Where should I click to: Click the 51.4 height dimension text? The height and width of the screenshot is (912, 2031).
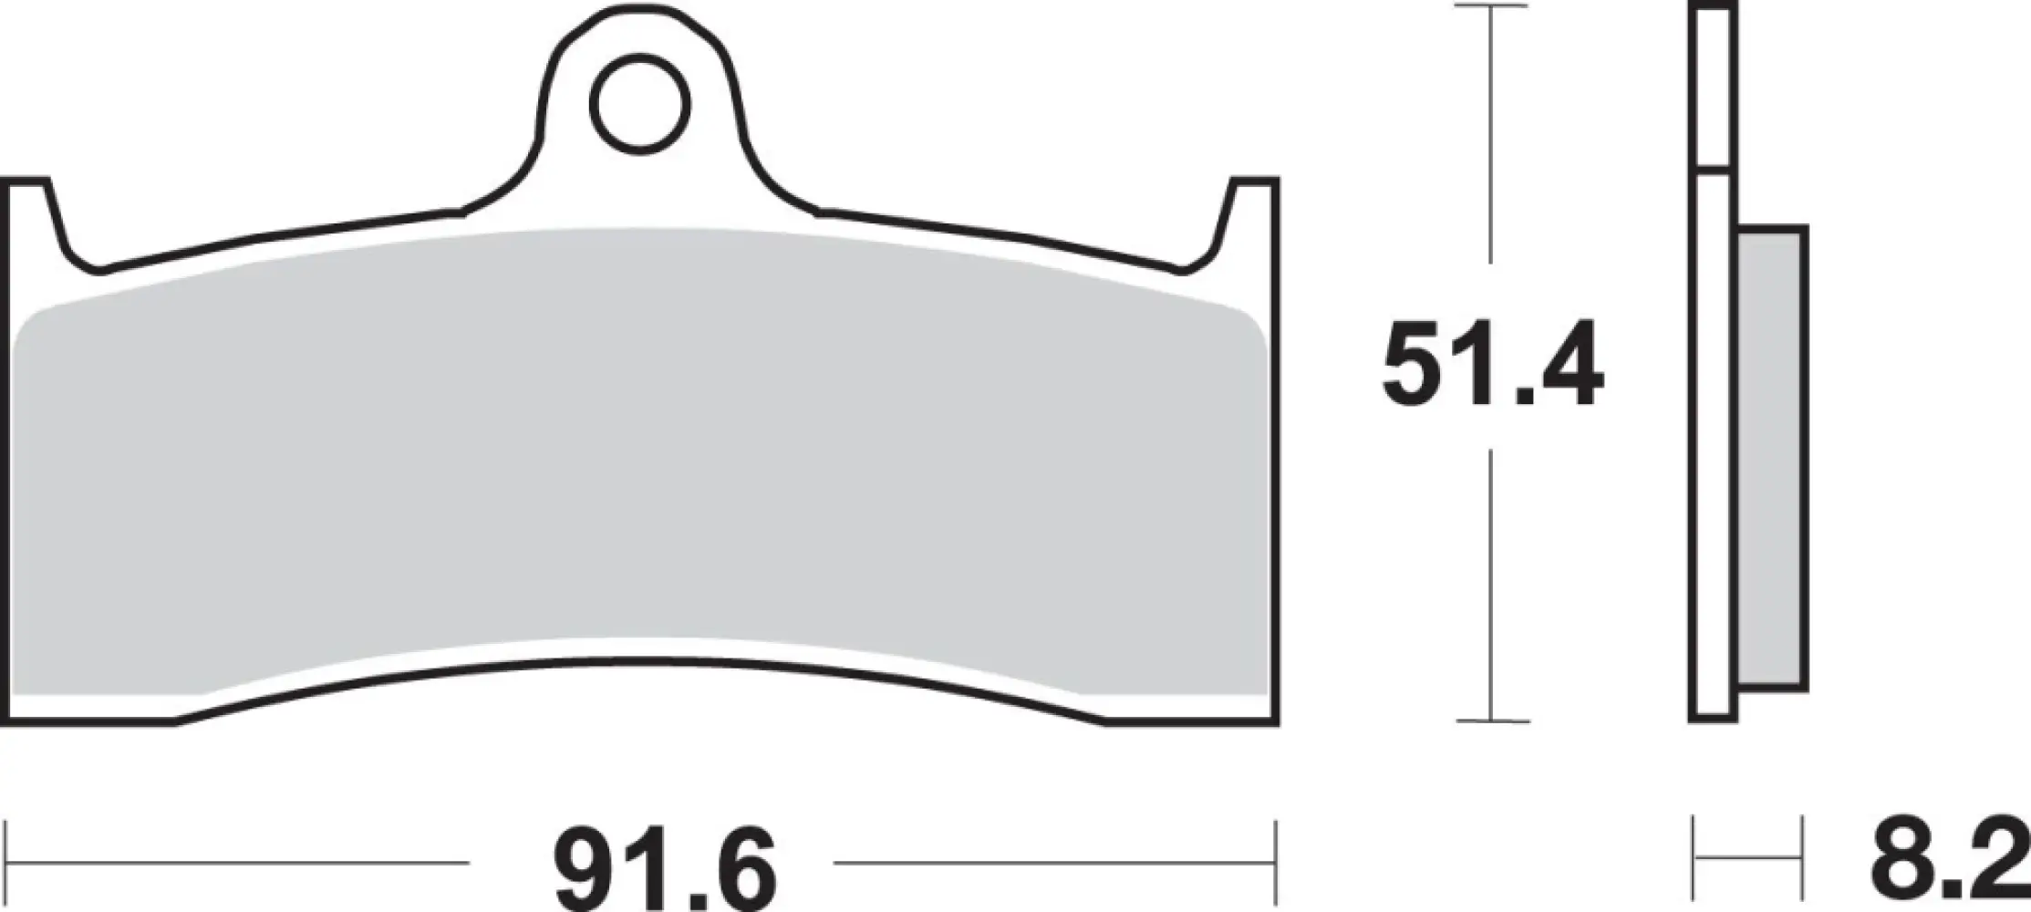1492,364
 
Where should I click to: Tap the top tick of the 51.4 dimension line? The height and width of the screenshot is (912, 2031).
1492,6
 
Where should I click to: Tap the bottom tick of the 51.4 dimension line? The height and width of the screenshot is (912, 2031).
1492,720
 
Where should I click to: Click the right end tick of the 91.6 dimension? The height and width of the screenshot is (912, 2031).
1275,862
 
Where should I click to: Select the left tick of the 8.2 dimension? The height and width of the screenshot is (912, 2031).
1694,862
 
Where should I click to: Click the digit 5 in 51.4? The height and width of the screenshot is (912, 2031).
1415,364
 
